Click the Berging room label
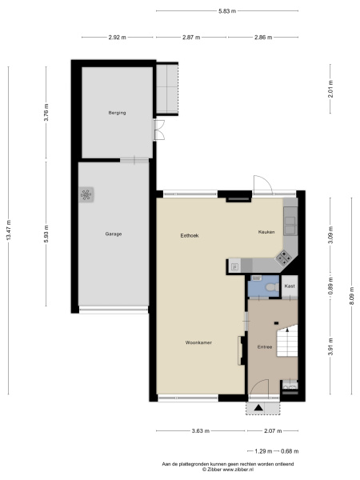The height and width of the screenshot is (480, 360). point(117,113)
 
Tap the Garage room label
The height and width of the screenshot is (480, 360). point(114,234)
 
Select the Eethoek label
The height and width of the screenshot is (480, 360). point(190,236)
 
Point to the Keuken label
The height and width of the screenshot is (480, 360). point(266,232)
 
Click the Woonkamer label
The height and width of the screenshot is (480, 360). point(198,342)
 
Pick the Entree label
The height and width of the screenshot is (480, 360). point(265,347)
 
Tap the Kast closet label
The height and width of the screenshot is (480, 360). point(290,286)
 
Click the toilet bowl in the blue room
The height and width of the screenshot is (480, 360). point(271,287)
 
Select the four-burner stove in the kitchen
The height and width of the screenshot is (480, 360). point(284,258)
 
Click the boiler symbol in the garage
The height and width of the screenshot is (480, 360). point(86,194)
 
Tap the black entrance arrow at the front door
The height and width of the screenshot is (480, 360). point(258,408)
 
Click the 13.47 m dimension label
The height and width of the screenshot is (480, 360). point(9,230)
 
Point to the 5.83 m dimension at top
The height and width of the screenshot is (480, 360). point(227,11)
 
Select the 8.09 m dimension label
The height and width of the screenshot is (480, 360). point(352,296)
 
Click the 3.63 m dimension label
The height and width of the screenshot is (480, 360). point(201,431)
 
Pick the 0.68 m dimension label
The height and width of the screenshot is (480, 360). point(290,451)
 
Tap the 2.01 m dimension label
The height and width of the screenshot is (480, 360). point(330,89)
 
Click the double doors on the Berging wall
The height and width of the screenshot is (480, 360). point(158,130)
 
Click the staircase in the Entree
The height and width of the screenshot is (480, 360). point(287,341)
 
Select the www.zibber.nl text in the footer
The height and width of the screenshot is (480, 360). point(238,470)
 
